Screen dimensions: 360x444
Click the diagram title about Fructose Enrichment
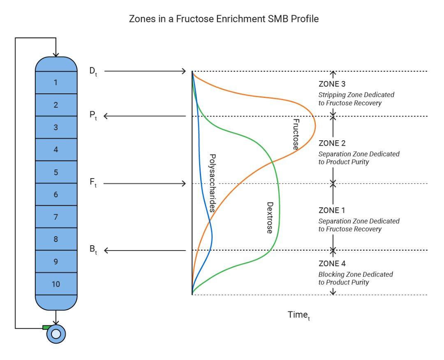point(224,19)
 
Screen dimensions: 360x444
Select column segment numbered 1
point(56,83)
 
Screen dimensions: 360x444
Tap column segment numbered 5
point(56,172)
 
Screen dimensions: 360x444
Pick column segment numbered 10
point(56,284)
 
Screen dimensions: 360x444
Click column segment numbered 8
point(56,239)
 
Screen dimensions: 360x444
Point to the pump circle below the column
point(56,334)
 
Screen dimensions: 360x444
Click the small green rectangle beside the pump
point(46,327)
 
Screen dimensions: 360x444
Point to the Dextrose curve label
point(269,218)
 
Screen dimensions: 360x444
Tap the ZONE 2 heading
point(332,143)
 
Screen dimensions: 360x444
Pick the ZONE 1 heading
point(332,211)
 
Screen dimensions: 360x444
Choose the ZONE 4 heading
point(332,263)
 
